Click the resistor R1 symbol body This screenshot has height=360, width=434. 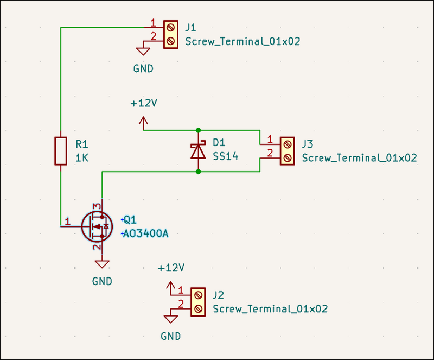click(61, 151)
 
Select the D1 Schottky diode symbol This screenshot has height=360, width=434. click(198, 150)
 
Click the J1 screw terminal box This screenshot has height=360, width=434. click(171, 34)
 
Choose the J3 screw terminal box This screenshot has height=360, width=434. click(288, 151)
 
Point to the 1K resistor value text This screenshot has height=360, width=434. click(82, 158)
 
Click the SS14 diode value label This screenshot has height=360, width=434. click(225, 156)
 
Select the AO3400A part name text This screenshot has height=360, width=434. click(146, 234)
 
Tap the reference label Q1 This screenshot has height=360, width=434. click(130, 220)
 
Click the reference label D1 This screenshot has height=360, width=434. click(219, 143)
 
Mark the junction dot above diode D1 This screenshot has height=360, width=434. click(198, 130)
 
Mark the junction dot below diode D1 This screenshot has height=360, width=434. click(198, 172)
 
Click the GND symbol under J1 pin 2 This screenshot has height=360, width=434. click(143, 52)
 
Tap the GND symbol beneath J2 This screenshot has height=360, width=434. click(171, 319)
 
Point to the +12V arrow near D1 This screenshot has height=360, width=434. click(144, 122)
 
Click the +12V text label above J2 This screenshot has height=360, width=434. click(171, 268)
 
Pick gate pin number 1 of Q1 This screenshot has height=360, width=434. click(67, 220)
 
